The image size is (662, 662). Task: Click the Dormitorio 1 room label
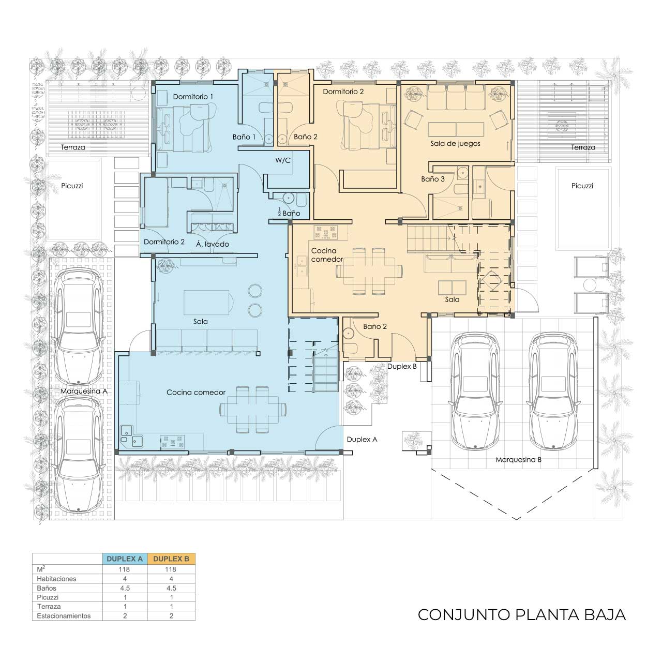point(193,97)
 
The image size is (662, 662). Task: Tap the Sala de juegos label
point(455,144)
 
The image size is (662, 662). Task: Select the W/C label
point(283,160)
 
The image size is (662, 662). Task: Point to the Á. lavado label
point(213,244)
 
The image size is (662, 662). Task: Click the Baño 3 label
point(432,179)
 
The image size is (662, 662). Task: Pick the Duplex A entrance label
point(362,440)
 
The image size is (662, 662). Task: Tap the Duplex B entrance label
point(402,367)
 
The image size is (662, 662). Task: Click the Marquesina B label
point(518,460)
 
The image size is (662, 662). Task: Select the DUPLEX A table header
point(124,559)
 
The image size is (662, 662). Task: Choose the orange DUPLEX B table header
point(171,559)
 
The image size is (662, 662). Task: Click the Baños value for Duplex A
point(125,588)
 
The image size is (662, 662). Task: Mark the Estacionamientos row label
point(64,616)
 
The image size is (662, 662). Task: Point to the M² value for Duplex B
point(170,569)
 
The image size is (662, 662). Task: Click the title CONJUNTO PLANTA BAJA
point(521,614)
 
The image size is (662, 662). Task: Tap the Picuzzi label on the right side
point(582,186)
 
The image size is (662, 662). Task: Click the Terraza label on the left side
point(73,147)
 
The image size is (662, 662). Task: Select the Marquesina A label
point(84,392)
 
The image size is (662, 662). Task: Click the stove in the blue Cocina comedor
point(173,442)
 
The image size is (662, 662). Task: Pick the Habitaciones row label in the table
point(56,579)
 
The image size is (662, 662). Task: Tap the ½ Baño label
point(289,213)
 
